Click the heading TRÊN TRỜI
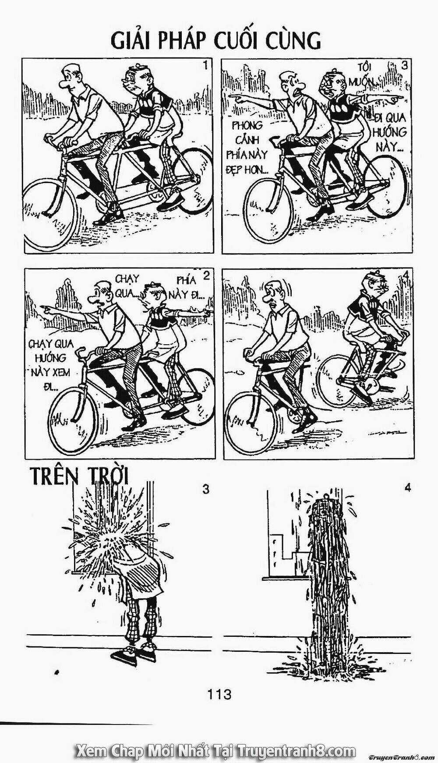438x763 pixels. point(79,477)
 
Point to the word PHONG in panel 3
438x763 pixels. point(247,126)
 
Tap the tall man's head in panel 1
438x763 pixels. point(73,77)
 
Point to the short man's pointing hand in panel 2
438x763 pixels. point(206,312)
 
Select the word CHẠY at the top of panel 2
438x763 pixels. point(127,279)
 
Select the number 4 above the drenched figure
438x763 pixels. point(408,487)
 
